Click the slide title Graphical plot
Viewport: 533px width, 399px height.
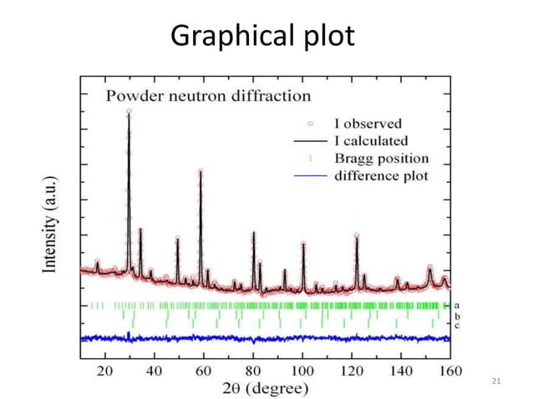pyautogui.click(x=262, y=35)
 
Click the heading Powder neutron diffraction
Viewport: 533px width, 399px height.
pyautogui.click(x=208, y=94)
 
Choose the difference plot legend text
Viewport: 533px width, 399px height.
pyautogui.click(x=382, y=175)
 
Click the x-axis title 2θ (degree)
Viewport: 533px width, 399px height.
pyautogui.click(x=266, y=387)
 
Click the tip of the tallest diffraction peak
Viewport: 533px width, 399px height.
pyautogui.click(x=129, y=110)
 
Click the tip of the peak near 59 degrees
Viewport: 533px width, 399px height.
pyautogui.click(x=201, y=171)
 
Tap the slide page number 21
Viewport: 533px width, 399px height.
pyautogui.click(x=496, y=381)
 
